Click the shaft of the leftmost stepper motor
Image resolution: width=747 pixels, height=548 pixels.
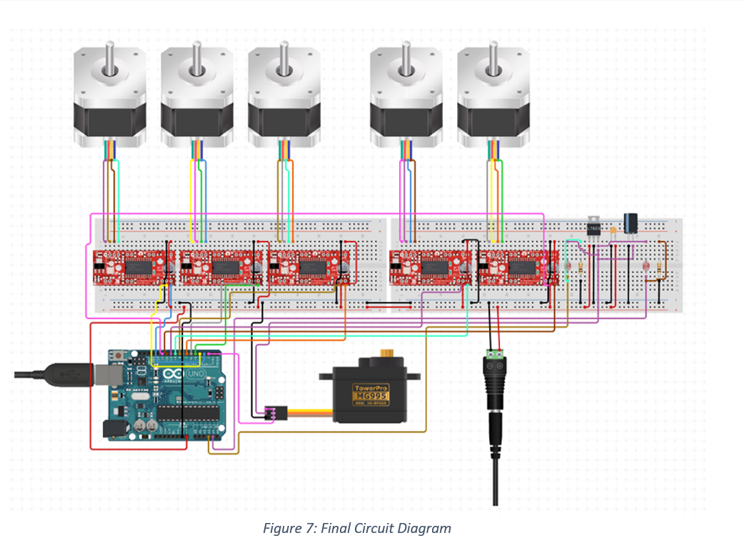tap(109, 57)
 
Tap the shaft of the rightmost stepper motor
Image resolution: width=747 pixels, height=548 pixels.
tap(493, 57)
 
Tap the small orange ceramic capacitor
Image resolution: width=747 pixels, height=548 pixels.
tap(613, 230)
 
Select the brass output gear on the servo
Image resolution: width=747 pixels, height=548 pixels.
tap(388, 353)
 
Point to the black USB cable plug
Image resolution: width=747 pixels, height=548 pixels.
tap(68, 374)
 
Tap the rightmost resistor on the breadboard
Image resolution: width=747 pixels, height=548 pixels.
tap(658, 266)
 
